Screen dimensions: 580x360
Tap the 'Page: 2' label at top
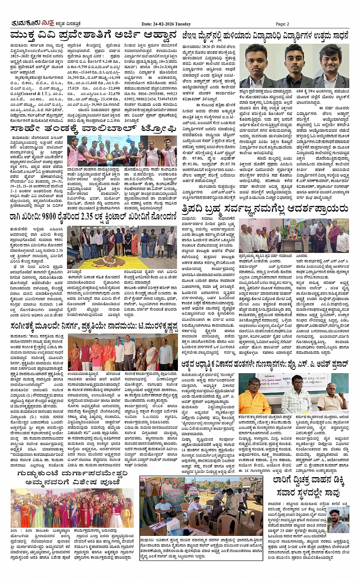coord(283,24)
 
